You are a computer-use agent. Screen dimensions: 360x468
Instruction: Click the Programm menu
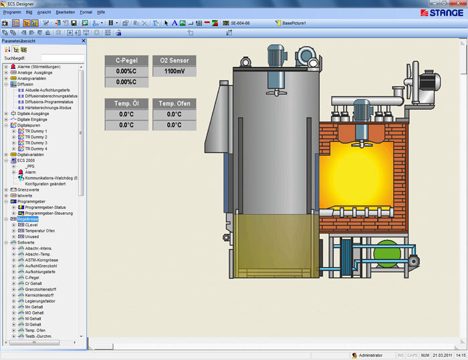[12, 12]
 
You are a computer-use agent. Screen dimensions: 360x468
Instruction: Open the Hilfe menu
[101, 12]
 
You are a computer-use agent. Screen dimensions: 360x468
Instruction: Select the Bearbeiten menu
[65, 12]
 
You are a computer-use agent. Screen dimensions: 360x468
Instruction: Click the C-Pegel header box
[126, 60]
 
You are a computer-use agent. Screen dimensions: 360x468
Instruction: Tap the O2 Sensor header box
[174, 60]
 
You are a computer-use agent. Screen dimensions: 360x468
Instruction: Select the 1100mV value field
[174, 71]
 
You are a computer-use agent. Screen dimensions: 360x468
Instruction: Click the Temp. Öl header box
[126, 104]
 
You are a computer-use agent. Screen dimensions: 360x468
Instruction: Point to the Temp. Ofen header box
[174, 104]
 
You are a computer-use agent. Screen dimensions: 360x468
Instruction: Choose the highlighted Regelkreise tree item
[28, 219]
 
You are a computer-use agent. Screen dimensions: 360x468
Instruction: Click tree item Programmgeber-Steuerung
[53, 213]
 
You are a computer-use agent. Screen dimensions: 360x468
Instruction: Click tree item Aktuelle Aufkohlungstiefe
[52, 90]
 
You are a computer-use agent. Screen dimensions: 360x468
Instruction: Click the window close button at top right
[461, 3]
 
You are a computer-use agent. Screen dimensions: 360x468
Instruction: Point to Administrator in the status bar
[370, 355]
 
